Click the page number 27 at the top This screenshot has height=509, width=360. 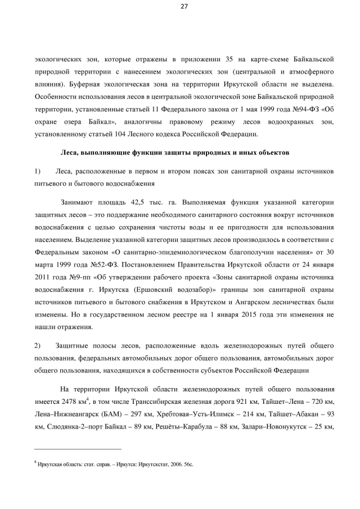click(x=183, y=7)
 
